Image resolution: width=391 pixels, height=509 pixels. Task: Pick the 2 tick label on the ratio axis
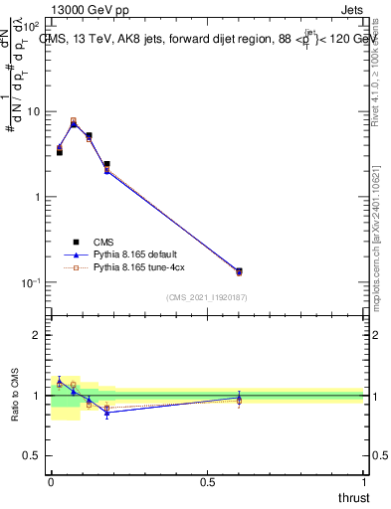pos(37,335)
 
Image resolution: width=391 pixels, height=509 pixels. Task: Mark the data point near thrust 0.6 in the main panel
pos(239,270)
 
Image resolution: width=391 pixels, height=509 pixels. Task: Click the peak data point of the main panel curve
pos(74,122)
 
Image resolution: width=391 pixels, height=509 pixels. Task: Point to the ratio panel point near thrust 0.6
pos(239,399)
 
